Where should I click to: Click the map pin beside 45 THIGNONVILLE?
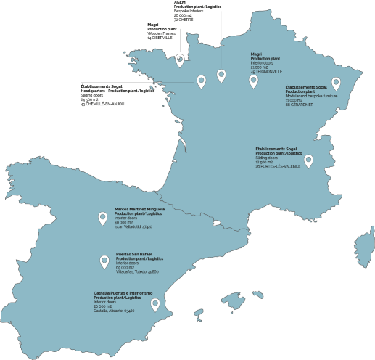(x=253, y=81)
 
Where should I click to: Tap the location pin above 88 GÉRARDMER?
(x=336, y=83)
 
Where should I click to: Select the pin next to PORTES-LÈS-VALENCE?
(x=308, y=160)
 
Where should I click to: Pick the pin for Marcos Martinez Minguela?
(x=102, y=218)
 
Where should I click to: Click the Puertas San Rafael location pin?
(x=104, y=262)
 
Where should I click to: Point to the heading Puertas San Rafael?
(x=134, y=254)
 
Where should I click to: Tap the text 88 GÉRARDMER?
(x=299, y=105)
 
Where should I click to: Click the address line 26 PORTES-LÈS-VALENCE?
(x=279, y=166)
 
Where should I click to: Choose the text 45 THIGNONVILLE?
(x=267, y=71)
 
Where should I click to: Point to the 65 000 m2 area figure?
(x=125, y=267)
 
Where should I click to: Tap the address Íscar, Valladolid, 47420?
(x=133, y=226)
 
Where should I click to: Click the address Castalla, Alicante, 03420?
(x=115, y=311)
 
